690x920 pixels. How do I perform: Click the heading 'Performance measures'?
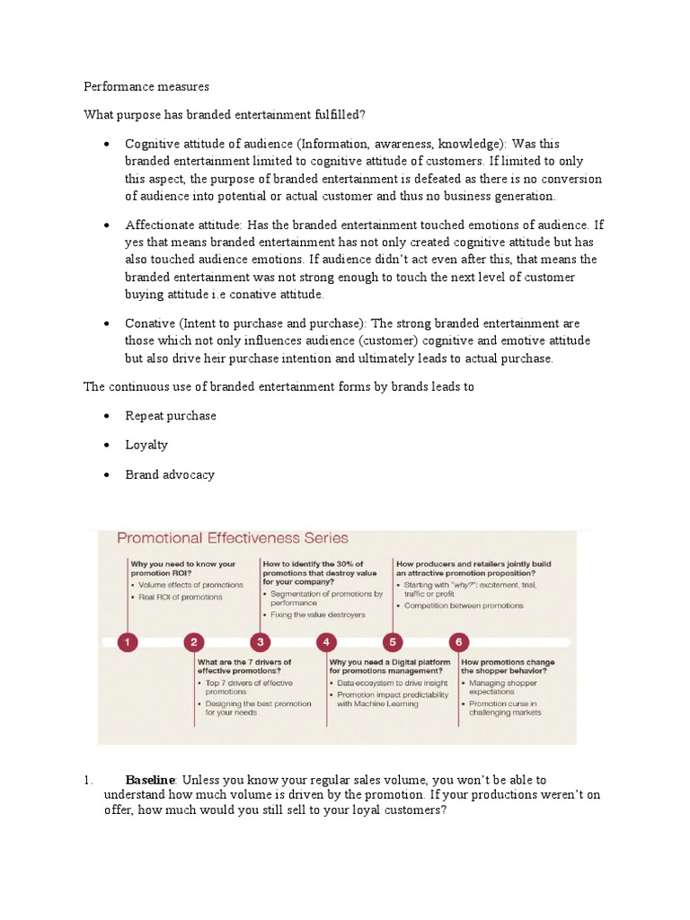tap(146, 87)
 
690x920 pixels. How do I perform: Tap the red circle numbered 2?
tap(194, 642)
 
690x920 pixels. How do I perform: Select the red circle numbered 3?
tap(261, 642)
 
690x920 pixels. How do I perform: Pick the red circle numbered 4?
tap(327, 642)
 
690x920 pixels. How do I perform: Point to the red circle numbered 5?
tap(394, 642)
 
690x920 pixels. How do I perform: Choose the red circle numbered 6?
tap(459, 642)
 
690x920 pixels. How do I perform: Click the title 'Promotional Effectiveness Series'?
tap(232, 538)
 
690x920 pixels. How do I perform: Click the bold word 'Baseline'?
tap(150, 780)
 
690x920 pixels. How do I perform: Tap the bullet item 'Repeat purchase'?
tap(171, 416)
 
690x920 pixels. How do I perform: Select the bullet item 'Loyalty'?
tap(146, 445)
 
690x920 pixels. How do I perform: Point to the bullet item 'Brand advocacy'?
tap(170, 474)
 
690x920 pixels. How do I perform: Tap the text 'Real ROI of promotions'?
tap(180, 597)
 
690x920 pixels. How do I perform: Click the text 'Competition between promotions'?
tap(463, 606)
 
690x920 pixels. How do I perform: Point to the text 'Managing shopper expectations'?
tap(503, 687)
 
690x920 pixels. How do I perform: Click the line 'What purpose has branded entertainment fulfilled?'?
tap(225, 115)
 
